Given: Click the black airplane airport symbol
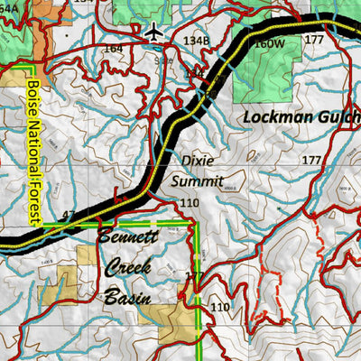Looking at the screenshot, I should coord(154,32).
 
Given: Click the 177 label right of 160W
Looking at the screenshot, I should coord(313,41).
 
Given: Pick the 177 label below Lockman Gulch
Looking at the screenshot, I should coord(312,160).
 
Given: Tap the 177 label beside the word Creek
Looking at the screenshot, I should coord(194,276).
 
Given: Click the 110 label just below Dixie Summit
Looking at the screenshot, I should coord(189,203).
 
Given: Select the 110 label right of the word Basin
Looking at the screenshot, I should coord(220,308).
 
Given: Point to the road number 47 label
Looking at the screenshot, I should coord(69,215).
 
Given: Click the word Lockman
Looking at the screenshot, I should coord(276,117).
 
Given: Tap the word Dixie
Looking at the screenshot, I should coord(198,161).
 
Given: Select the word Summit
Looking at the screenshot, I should coord(197,180).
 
